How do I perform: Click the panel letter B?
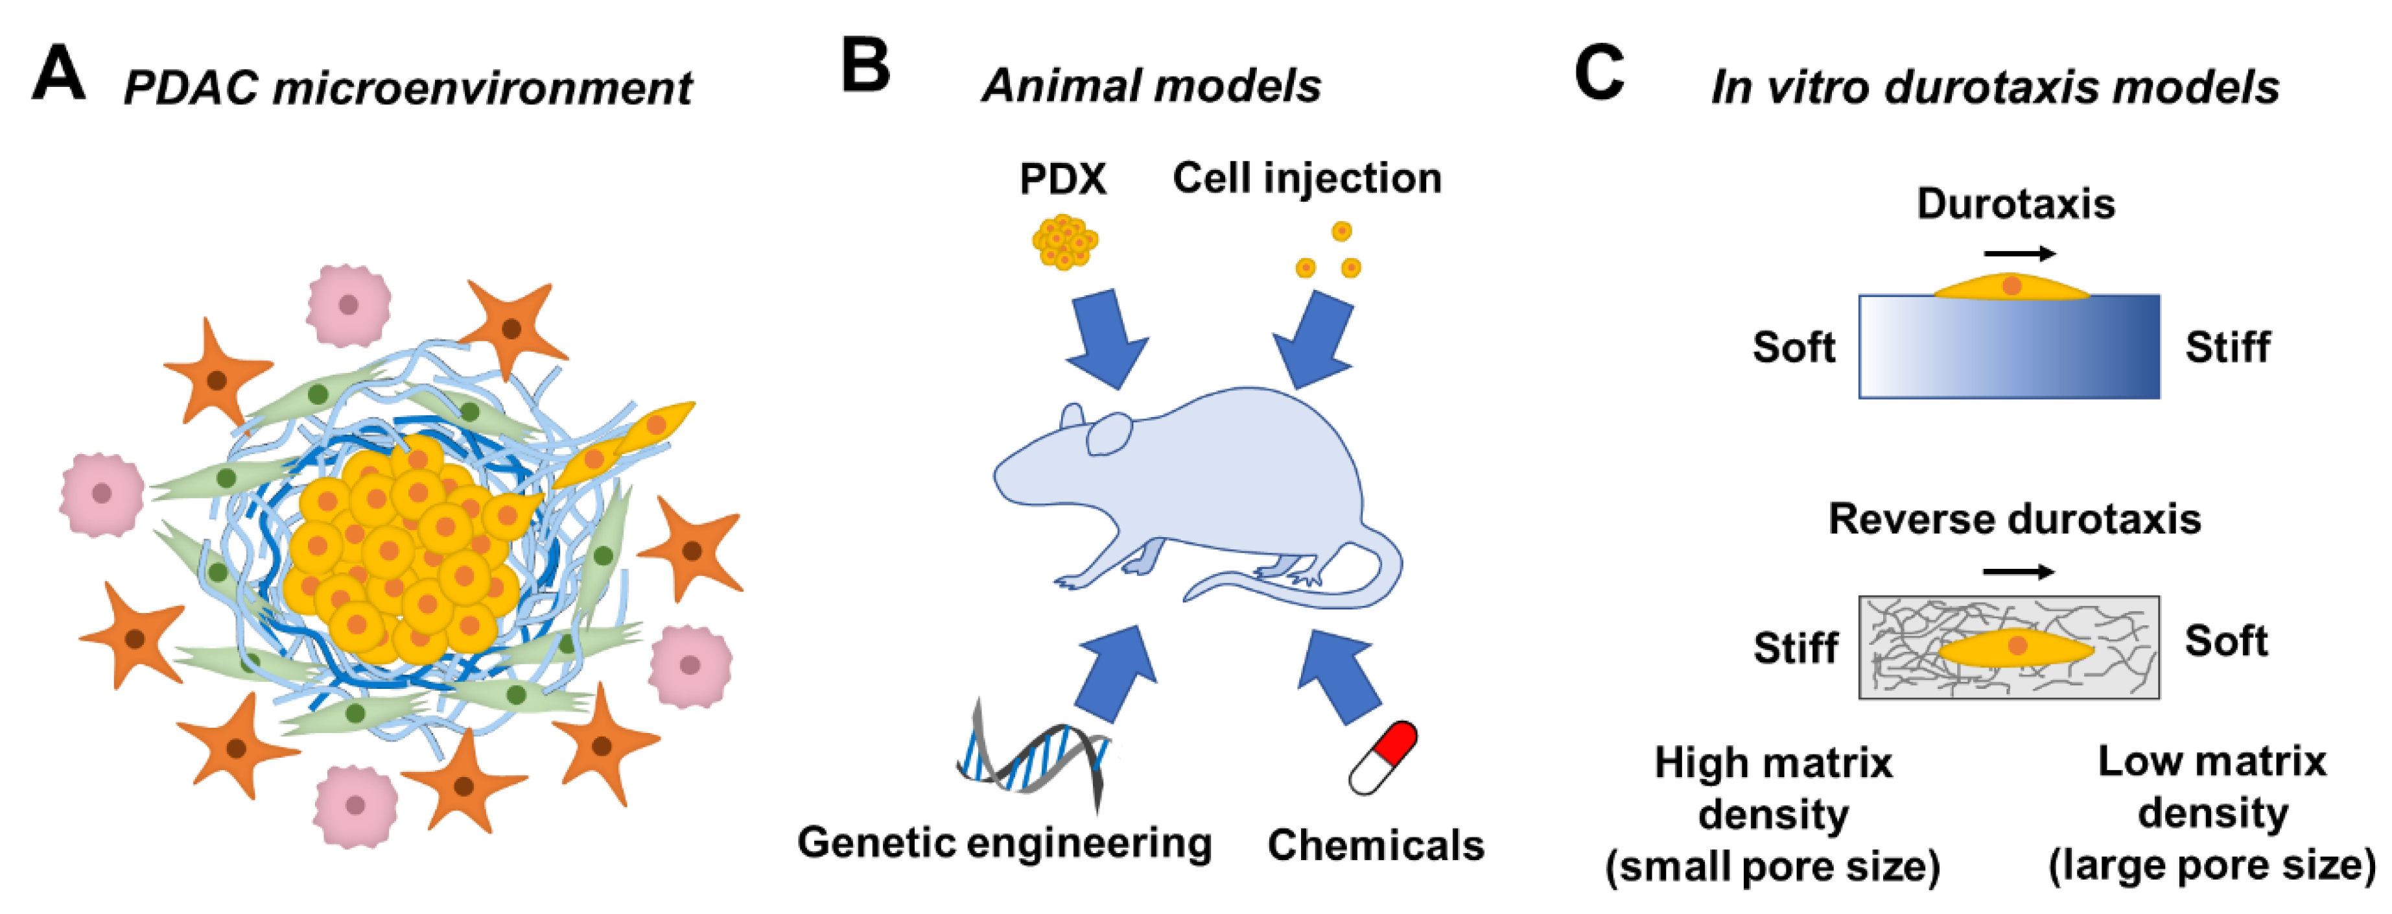(865, 67)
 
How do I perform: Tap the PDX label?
(1062, 178)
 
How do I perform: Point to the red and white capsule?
(1383, 757)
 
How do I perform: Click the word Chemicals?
(1375, 845)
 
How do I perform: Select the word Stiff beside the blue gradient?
(2227, 348)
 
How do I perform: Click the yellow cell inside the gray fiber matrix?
(2015, 647)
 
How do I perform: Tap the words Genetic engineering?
(1003, 843)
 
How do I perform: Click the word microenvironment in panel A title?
(481, 88)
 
